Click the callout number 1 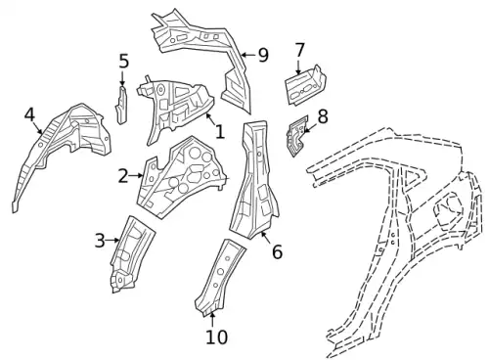220,132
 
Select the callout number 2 123,176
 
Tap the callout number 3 100,241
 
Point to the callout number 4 29,114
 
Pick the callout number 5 123,62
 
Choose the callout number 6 277,252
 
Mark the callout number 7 299,50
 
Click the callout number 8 323,116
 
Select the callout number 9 263,55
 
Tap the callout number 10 217,337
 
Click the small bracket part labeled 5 121,105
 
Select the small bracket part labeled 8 297,136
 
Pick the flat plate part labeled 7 305,85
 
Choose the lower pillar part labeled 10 219,277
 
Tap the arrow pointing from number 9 249,55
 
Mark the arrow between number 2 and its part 136,176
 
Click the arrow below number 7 298,67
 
